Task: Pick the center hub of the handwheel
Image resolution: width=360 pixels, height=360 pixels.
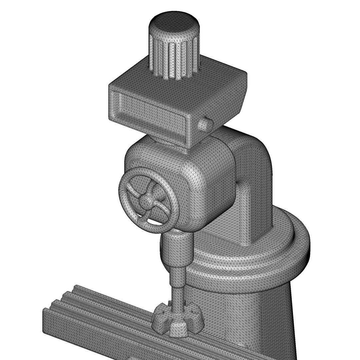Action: (146, 200)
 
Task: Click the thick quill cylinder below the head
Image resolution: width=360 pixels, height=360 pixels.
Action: (177, 250)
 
